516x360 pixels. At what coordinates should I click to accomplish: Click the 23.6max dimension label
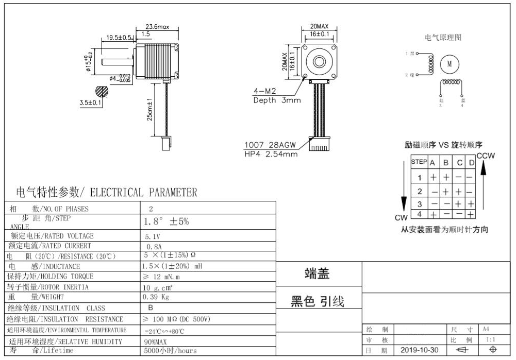(x=157, y=26)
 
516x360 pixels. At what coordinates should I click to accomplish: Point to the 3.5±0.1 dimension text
(x=91, y=102)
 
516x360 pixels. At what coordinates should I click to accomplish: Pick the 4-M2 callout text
(x=264, y=92)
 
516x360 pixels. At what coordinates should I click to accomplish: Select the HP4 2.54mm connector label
(x=271, y=154)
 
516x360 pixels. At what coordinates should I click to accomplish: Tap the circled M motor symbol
(x=449, y=64)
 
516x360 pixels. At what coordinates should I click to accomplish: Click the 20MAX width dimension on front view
(x=319, y=26)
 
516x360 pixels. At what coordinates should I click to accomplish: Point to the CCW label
(x=485, y=156)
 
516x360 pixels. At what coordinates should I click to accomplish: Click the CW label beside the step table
(x=401, y=217)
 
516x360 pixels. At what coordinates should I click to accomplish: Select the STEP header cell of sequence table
(x=419, y=162)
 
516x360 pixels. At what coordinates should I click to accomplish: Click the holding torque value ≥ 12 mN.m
(x=162, y=277)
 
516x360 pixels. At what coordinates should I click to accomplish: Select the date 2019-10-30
(x=420, y=350)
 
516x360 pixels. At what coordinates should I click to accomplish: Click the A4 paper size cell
(x=486, y=329)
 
